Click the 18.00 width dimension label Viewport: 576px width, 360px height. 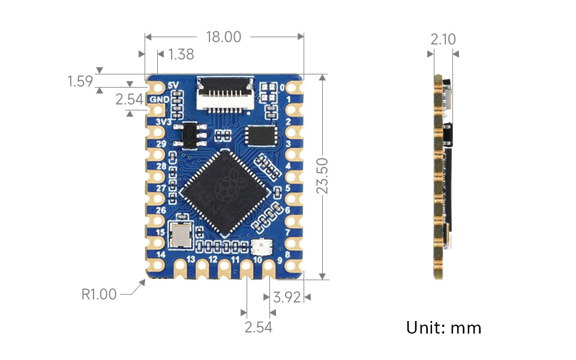pos(223,37)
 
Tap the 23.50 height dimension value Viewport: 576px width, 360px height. pos(322,176)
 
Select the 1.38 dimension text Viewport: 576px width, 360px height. pos(181,55)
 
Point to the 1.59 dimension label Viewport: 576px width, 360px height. pos(80,81)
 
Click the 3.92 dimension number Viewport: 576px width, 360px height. pos(286,297)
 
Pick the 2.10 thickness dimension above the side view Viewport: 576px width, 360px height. pos(443,40)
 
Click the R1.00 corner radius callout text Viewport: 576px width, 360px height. pos(99,295)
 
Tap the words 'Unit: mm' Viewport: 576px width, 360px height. pos(444,328)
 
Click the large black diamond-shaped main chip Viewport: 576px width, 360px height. pos(223,192)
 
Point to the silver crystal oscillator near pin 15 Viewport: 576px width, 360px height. pos(181,235)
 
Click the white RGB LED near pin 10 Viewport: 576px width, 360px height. pos(262,247)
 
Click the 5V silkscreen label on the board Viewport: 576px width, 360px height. pos(174,85)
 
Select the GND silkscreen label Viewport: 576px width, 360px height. pos(159,99)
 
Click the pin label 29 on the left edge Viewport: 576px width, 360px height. pos(161,145)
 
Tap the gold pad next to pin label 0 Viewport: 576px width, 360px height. pos(296,88)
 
